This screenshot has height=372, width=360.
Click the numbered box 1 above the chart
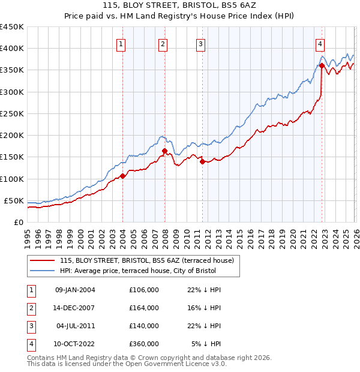121,43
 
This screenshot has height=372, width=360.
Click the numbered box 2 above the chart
163,43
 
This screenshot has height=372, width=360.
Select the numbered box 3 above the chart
200,43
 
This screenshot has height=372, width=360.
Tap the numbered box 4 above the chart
320,43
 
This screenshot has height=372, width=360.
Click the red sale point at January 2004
122,176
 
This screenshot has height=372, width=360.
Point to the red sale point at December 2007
164,151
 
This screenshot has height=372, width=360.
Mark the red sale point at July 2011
202,161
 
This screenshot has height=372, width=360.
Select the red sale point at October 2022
322,66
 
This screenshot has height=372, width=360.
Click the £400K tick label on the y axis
11,49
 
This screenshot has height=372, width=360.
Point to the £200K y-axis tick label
11,136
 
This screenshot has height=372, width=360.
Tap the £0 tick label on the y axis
17,223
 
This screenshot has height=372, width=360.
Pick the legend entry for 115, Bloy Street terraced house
150,260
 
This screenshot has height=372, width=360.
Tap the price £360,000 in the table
144,344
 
